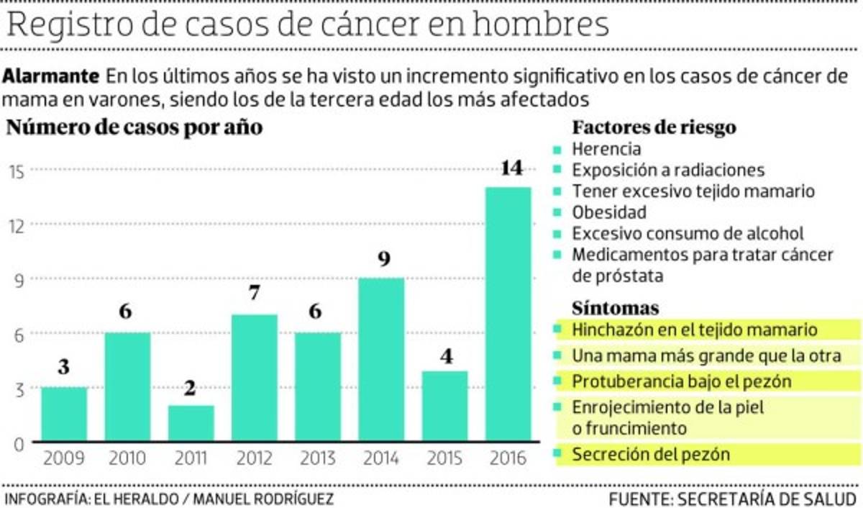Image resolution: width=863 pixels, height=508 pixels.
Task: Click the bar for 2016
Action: (x=508, y=314)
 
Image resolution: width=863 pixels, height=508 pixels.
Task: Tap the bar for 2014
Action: (x=381, y=360)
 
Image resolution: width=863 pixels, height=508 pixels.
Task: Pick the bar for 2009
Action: (x=64, y=414)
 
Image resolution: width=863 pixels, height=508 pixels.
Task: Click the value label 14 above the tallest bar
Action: (x=511, y=169)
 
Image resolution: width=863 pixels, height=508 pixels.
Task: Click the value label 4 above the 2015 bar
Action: (x=447, y=355)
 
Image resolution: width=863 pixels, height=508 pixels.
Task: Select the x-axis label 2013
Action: (x=319, y=458)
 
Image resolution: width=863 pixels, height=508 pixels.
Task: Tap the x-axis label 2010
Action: (x=127, y=458)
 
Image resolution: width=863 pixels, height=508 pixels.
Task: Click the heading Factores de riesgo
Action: (x=654, y=128)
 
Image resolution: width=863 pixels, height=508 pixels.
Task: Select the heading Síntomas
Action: (x=616, y=308)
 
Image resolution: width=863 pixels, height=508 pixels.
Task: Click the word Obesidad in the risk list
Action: (x=609, y=212)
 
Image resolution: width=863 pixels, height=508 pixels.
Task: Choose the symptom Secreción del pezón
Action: (x=651, y=455)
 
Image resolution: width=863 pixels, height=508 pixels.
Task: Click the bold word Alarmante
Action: (x=51, y=76)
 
